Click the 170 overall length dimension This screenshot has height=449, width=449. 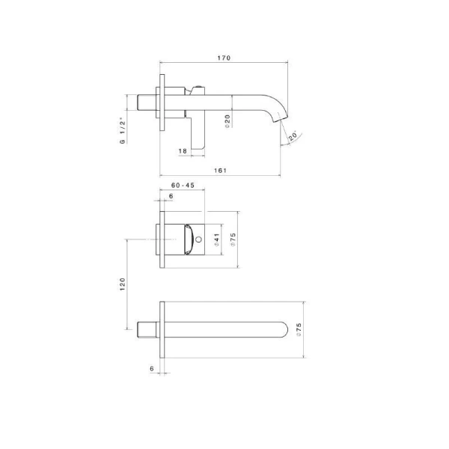224,58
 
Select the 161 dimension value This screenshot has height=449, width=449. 220,171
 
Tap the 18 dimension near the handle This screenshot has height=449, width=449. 183,151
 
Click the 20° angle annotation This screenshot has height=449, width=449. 293,135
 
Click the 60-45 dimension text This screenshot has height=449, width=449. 183,185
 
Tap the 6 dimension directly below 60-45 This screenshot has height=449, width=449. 171,196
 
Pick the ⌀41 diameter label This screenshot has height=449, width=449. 216,239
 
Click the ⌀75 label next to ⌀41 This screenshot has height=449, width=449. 233,239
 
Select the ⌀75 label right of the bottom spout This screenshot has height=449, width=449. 299,330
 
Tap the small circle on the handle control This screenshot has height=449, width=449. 200,240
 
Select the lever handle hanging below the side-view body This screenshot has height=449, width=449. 198,135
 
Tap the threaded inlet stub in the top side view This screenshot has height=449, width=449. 147,103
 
